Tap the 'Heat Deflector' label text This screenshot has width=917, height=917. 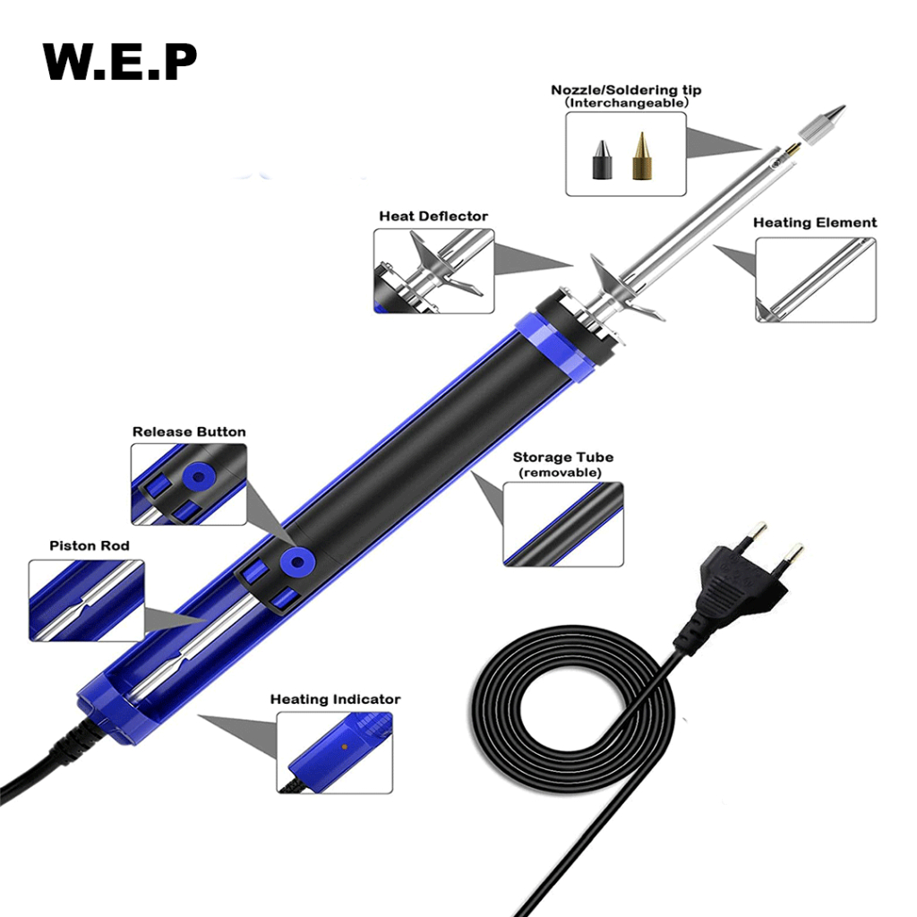pyautogui.click(x=433, y=216)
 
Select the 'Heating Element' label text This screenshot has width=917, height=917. pyautogui.click(x=815, y=223)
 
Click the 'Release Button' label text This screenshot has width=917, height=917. pyautogui.click(x=189, y=432)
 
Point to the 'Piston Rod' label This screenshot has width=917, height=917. pyautogui.click(x=90, y=545)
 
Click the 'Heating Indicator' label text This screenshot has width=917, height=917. pyautogui.click(x=335, y=699)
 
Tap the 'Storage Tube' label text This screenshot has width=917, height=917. pyautogui.click(x=563, y=458)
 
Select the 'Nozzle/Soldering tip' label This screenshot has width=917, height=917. pyautogui.click(x=626, y=90)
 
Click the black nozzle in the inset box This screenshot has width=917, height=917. pyautogui.click(x=599, y=158)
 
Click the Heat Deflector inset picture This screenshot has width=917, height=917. pyautogui.click(x=434, y=270)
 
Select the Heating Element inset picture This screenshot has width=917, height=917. pyautogui.click(x=816, y=279)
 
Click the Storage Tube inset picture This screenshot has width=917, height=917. pyautogui.click(x=563, y=524)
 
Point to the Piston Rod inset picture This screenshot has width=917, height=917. pyautogui.click(x=86, y=600)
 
